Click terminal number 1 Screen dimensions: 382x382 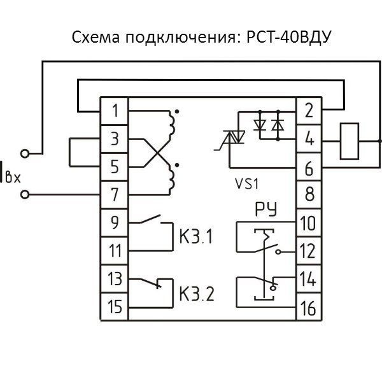(115, 111)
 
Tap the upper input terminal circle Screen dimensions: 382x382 (25, 153)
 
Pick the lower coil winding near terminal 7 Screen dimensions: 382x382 (171, 178)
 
